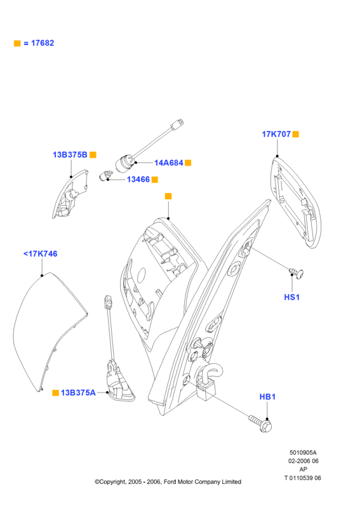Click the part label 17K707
276,134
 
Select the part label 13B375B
70,155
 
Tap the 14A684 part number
169,163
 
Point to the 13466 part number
138,180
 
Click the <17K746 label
40,254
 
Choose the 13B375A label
78,392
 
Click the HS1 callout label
291,297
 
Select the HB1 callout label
267,396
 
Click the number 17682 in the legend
43,43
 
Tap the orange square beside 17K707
295,134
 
